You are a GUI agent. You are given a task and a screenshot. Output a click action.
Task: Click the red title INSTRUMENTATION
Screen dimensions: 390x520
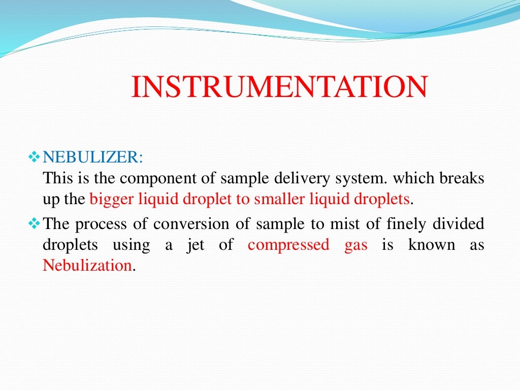tap(279, 87)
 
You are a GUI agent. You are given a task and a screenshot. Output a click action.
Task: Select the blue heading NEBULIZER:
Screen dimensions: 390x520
tap(93, 157)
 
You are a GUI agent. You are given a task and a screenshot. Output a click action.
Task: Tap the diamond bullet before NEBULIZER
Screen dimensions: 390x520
tap(35, 157)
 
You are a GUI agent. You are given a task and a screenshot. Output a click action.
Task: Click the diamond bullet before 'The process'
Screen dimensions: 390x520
tap(35, 223)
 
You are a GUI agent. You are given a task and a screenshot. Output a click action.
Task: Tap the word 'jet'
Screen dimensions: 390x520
tap(196, 245)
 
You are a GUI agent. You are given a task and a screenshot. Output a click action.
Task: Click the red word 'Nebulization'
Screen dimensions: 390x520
tap(87, 266)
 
